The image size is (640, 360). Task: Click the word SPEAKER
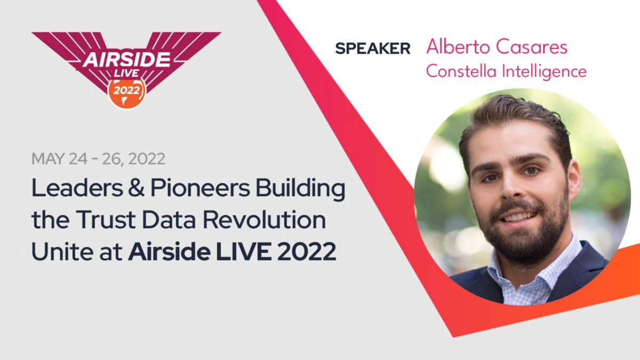point(373,49)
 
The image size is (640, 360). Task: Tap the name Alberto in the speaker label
point(457,47)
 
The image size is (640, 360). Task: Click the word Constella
point(462,71)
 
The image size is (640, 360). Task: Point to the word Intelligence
point(545,71)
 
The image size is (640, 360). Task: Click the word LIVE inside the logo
point(126,75)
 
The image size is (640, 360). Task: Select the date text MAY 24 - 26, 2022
point(98,158)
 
